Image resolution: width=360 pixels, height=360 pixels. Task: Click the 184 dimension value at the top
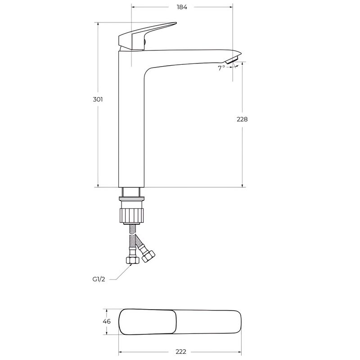click(182, 7)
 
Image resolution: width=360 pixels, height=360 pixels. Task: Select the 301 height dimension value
click(98, 99)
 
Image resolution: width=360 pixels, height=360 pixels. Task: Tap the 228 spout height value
click(242, 119)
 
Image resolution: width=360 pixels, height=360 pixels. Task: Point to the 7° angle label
click(221, 68)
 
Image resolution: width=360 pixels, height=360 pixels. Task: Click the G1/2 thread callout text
click(99, 279)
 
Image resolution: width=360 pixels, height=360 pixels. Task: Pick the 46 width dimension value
click(107, 321)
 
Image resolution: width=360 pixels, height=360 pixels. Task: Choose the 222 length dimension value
click(181, 351)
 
